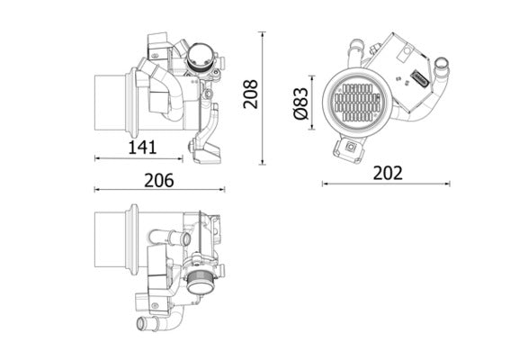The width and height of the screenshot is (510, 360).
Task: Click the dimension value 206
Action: pos(158,179)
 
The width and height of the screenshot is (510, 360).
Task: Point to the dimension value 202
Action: pos(387,172)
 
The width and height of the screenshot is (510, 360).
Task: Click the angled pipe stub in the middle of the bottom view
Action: pos(168,238)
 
